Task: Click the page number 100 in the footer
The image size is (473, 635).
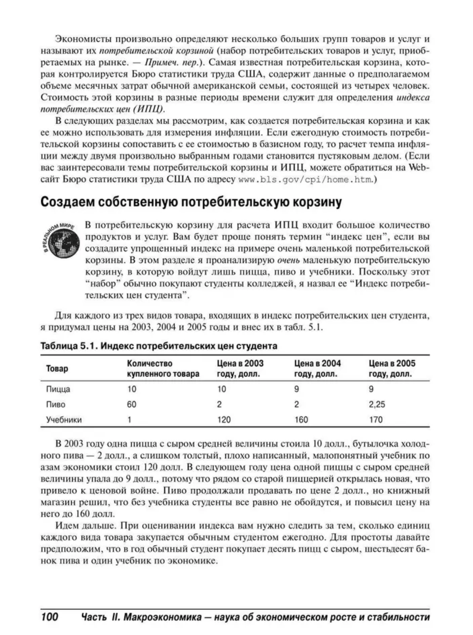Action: (x=50, y=617)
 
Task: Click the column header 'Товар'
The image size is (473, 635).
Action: (x=57, y=369)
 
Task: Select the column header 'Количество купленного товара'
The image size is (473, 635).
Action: (x=163, y=369)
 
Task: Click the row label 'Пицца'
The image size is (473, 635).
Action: (x=58, y=389)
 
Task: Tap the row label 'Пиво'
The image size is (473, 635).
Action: (x=56, y=405)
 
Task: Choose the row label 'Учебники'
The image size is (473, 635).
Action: (x=64, y=420)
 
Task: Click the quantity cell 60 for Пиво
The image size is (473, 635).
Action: (x=132, y=405)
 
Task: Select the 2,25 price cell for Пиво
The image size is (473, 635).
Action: (x=377, y=405)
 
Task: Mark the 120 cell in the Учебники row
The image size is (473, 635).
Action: (x=224, y=420)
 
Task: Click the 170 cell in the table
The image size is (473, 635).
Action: (x=376, y=420)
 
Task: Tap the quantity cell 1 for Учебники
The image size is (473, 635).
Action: (x=129, y=420)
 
